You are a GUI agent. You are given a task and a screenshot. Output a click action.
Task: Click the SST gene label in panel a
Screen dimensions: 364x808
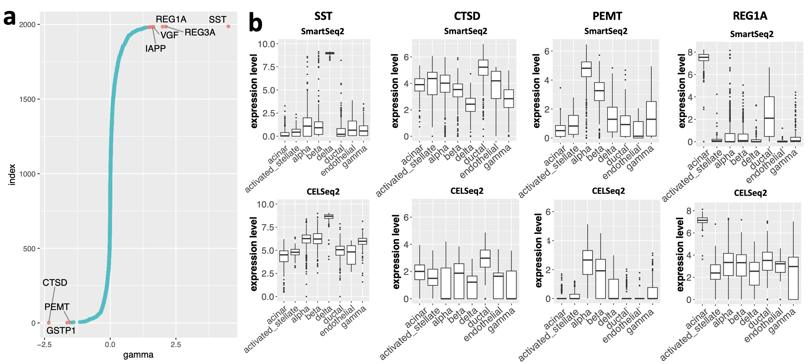217,20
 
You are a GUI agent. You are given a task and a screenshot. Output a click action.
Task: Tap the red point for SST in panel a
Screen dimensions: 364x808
228,27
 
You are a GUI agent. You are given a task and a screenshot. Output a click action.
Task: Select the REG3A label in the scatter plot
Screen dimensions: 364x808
200,33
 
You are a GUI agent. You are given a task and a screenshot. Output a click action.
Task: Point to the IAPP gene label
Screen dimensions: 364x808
155,49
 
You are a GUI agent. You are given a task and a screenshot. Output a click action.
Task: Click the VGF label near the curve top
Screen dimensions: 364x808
169,35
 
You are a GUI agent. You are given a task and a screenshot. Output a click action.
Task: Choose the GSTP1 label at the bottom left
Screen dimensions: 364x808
61,331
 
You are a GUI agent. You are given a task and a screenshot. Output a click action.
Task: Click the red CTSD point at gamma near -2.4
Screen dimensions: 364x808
49,323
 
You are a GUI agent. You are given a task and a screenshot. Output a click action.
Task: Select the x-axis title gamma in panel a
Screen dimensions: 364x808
138,355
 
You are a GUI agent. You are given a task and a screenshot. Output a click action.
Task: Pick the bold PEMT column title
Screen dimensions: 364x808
607,16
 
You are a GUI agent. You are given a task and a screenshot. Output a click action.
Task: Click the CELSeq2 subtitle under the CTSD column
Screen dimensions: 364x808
467,191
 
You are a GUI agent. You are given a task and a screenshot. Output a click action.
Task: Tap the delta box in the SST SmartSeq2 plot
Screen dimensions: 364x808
330,53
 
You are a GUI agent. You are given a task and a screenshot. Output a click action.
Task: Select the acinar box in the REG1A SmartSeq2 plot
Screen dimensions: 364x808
704,57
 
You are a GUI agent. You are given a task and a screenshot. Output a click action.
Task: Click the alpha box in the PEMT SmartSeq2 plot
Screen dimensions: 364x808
586,69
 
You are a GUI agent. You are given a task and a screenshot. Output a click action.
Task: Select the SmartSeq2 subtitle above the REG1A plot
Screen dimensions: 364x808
752,34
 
